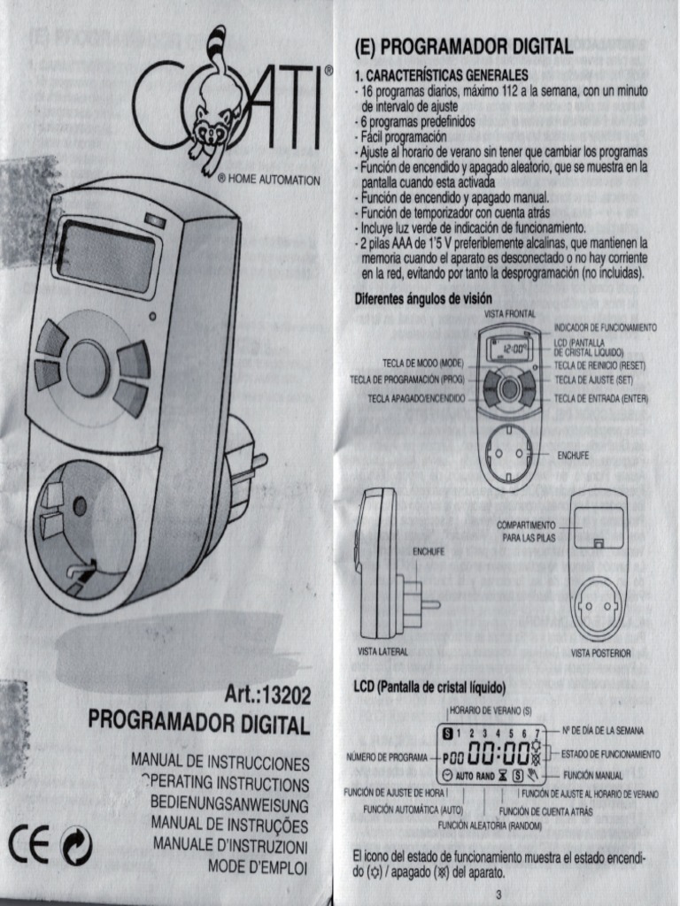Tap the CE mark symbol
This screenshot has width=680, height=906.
(x=29, y=848)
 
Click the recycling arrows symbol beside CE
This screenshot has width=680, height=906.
(x=76, y=849)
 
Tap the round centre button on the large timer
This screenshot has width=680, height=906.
(x=89, y=366)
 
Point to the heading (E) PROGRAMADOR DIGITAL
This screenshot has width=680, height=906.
(x=463, y=47)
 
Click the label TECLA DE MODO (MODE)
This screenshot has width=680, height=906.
(x=423, y=363)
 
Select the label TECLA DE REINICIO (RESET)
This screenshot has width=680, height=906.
(x=599, y=365)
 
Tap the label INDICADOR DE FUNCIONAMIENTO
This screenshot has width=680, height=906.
(x=605, y=327)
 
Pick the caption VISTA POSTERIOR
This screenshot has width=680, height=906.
(x=600, y=653)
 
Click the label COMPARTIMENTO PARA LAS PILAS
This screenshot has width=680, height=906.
(x=529, y=531)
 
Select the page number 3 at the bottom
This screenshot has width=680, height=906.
(x=499, y=894)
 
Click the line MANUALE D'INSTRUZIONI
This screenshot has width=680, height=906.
(x=230, y=845)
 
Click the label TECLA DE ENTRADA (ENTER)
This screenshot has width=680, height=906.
(x=601, y=399)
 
